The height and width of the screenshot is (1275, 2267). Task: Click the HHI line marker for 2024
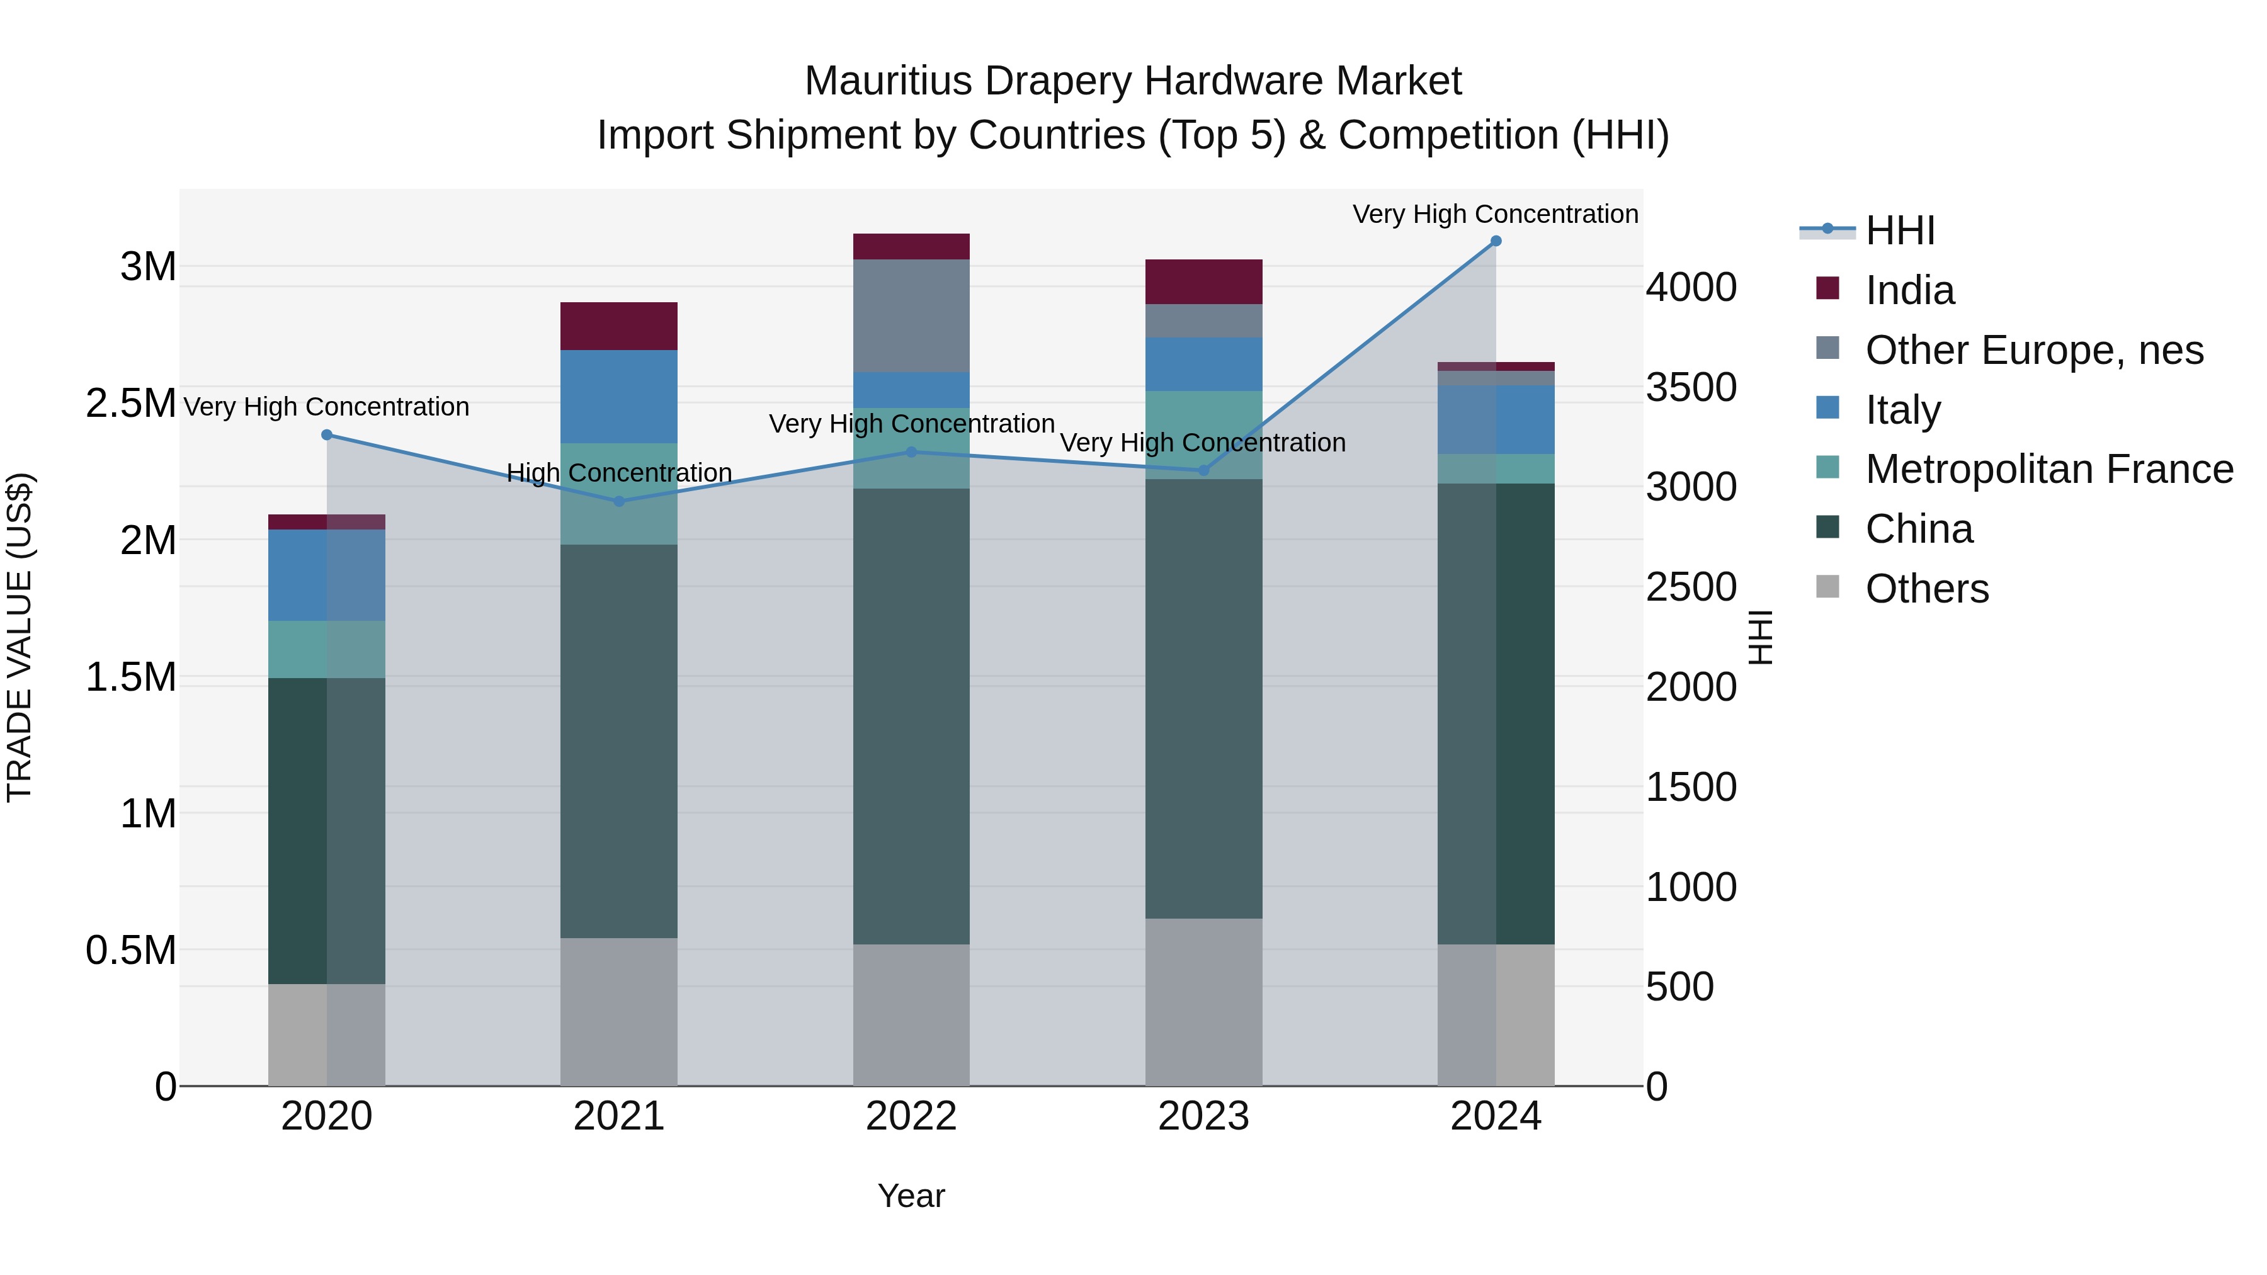(x=1495, y=241)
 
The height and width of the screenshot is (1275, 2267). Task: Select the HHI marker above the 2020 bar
(x=326, y=434)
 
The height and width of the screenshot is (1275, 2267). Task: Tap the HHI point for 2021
(x=618, y=502)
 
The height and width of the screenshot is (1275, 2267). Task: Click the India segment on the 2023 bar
(x=1203, y=281)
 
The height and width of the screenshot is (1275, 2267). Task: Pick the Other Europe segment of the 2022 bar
(x=911, y=315)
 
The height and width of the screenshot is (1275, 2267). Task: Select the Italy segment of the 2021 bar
(x=618, y=396)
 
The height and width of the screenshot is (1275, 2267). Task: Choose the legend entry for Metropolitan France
(x=2048, y=469)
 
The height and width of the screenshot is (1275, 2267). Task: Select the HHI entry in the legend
(x=1899, y=230)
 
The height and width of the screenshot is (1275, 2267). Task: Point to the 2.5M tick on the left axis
(x=130, y=403)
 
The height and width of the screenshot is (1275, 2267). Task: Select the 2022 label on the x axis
(x=911, y=1116)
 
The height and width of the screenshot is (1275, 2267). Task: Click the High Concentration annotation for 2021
(x=618, y=473)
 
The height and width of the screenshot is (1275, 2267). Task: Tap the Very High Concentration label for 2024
(x=1494, y=214)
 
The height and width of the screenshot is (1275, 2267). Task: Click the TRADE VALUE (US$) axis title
(x=20, y=637)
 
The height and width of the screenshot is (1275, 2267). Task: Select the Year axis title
(x=911, y=1196)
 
